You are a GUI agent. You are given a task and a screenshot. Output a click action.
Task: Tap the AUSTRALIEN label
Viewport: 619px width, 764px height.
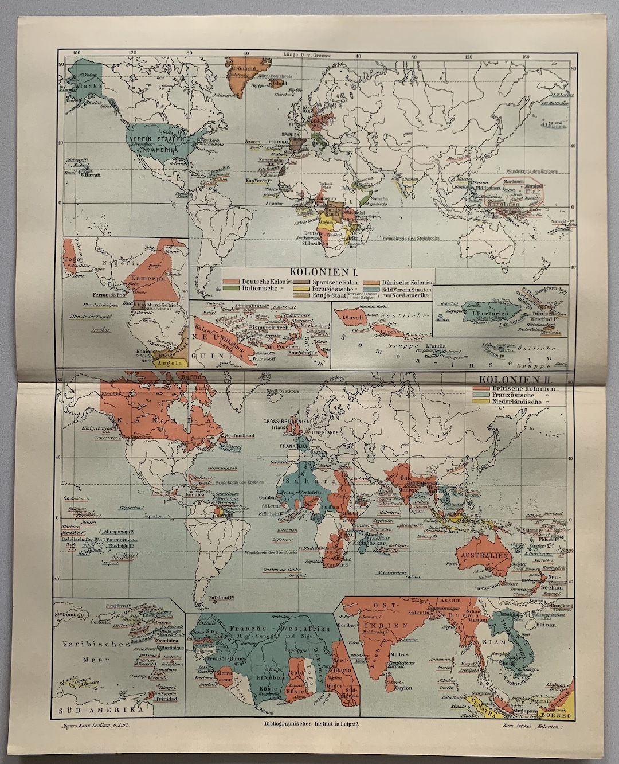tap(491, 556)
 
